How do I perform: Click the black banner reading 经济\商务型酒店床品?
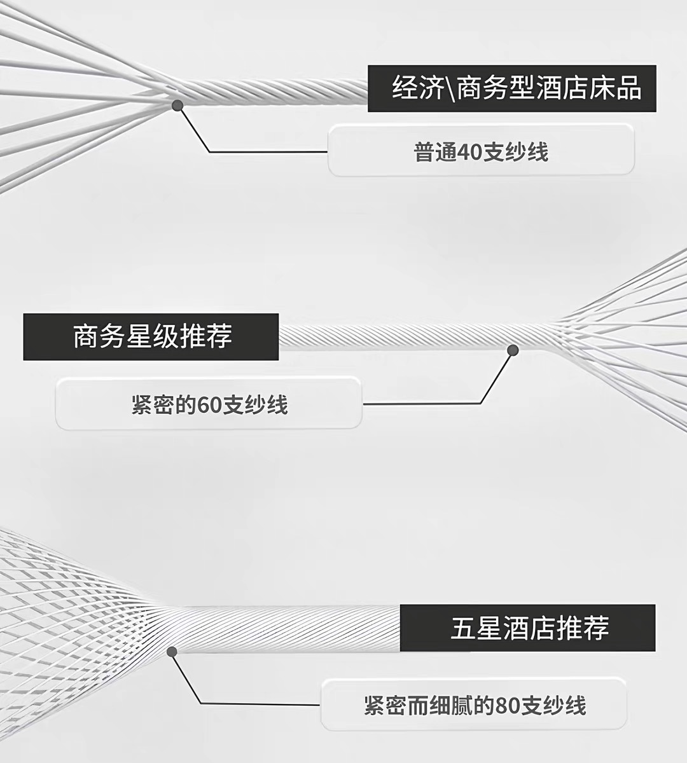pos(511,88)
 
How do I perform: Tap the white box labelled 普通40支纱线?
pos(481,150)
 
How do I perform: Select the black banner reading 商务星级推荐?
pos(151,337)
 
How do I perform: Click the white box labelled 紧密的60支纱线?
pos(209,404)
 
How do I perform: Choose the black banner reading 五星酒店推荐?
pos(527,628)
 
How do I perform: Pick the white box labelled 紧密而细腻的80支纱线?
pos(474,705)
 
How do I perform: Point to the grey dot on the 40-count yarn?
pos(177,104)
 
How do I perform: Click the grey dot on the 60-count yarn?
pos(513,350)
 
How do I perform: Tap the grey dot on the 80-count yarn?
pos(172,651)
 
